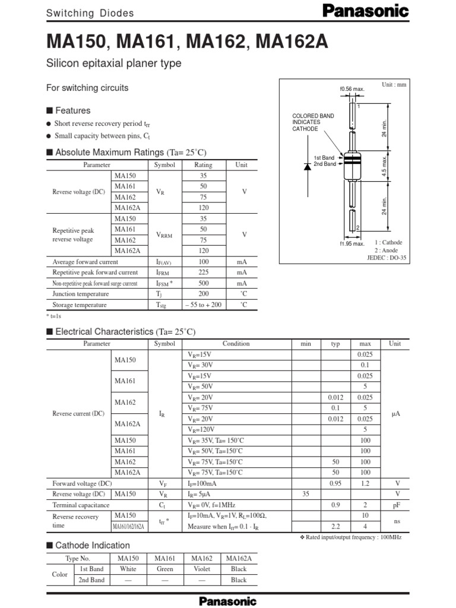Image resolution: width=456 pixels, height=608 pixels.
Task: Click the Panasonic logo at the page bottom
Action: (228, 600)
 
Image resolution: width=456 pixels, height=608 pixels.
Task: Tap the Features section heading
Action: (72, 110)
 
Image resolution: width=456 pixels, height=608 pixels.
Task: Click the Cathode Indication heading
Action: (92, 545)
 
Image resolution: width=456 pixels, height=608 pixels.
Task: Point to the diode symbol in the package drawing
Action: (307, 167)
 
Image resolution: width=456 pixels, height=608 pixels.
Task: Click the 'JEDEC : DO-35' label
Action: (387, 259)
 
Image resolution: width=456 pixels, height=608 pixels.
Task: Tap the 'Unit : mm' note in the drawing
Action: (394, 85)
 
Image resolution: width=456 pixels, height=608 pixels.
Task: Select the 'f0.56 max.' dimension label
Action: (351, 89)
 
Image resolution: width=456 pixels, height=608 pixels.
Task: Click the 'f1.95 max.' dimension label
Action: (351, 243)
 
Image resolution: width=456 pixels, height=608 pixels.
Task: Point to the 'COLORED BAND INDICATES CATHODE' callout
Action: (313, 122)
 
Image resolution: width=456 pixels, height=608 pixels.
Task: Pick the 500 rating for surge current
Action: (204, 283)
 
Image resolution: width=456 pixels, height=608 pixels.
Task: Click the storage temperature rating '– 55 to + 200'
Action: (203, 305)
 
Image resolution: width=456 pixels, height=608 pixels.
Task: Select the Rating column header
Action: (203, 164)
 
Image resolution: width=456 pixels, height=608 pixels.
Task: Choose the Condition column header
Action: (236, 343)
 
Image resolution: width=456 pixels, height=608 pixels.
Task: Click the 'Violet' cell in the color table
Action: (202, 569)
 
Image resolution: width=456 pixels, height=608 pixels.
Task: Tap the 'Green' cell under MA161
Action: (164, 569)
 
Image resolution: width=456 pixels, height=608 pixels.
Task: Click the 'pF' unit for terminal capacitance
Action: (394, 505)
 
